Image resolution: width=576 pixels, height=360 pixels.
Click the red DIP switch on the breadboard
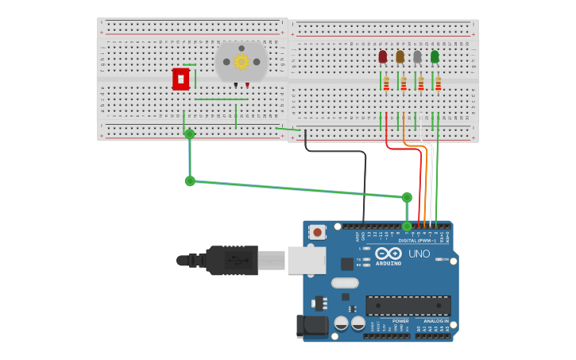pos(181,79)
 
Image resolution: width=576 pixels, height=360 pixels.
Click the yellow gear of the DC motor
pos(242,61)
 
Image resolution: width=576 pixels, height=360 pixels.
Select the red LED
pos(383,56)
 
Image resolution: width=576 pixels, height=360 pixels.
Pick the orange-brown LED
pos(400,56)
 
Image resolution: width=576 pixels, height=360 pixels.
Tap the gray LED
pos(417,56)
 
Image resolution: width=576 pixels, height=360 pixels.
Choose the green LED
pos(435,56)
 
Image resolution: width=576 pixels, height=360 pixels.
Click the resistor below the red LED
pos(387,83)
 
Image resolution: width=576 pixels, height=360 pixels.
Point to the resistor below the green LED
pos(438,83)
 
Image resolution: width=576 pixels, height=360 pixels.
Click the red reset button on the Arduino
pos(318,232)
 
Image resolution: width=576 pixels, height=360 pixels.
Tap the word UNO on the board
pos(419,254)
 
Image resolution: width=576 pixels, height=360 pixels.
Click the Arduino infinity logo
pos(388,254)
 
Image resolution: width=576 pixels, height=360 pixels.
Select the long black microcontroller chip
pos(408,305)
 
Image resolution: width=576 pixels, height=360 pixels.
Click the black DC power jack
pos(312,326)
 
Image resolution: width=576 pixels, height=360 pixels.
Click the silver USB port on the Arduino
pos(307,260)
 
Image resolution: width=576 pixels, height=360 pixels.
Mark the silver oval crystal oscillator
pos(345,283)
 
